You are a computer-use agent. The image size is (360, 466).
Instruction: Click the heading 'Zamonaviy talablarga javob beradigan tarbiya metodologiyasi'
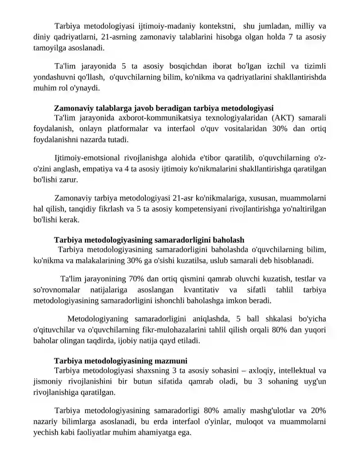164,108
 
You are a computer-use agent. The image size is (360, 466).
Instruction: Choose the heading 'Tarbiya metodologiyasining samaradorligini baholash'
149,240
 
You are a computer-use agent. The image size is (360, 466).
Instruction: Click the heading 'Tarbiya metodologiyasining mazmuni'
121,361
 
